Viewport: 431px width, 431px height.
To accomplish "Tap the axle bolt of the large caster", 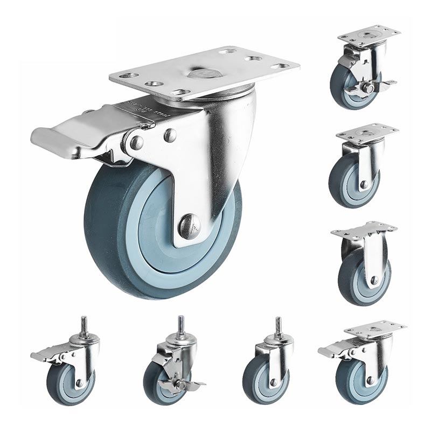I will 189,226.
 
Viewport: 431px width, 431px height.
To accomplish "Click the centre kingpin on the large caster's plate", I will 203,73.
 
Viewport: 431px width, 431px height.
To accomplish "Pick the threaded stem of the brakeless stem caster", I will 279,326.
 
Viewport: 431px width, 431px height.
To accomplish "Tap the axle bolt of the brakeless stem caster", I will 273,382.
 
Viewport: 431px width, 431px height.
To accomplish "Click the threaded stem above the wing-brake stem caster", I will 180,325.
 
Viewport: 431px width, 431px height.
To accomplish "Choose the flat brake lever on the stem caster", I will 46,354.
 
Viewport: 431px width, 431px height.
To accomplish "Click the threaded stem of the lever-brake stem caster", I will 85,325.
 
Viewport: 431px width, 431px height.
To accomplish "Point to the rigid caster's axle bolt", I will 374,280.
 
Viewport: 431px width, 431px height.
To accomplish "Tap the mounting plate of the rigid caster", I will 364,230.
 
